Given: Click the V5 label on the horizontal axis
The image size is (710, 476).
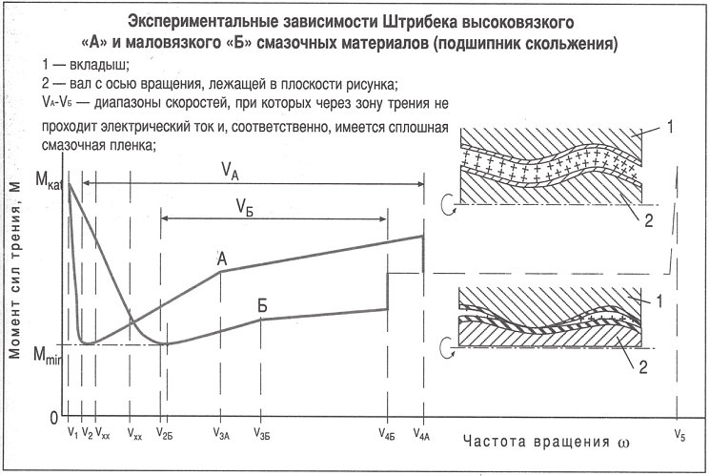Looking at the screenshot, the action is point(680,435).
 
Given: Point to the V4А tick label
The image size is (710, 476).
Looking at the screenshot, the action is point(421,434).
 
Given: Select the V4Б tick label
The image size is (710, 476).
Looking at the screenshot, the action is point(387,434).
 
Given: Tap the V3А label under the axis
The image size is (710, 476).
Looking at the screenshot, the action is point(221,433).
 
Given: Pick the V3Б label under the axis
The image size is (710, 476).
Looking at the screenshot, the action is point(262,434).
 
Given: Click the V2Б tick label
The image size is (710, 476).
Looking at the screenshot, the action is point(164,433).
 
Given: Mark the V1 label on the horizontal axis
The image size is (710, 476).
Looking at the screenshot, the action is point(72,433).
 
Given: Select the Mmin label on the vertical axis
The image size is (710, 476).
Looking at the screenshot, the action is point(47,354).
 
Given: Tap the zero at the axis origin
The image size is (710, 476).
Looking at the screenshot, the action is point(54,418).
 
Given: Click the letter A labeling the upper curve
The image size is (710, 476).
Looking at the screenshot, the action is point(222,259).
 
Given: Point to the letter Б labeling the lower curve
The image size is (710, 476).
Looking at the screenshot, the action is point(262,305).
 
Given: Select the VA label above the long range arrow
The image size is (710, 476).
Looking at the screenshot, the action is point(230,171).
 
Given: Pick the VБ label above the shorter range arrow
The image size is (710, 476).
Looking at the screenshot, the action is point(244,207).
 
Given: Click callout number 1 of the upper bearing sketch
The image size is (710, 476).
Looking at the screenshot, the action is point(670,127).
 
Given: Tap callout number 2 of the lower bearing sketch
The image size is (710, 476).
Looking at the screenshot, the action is point(643,366).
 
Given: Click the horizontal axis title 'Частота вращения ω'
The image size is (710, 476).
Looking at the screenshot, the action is point(546,442).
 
